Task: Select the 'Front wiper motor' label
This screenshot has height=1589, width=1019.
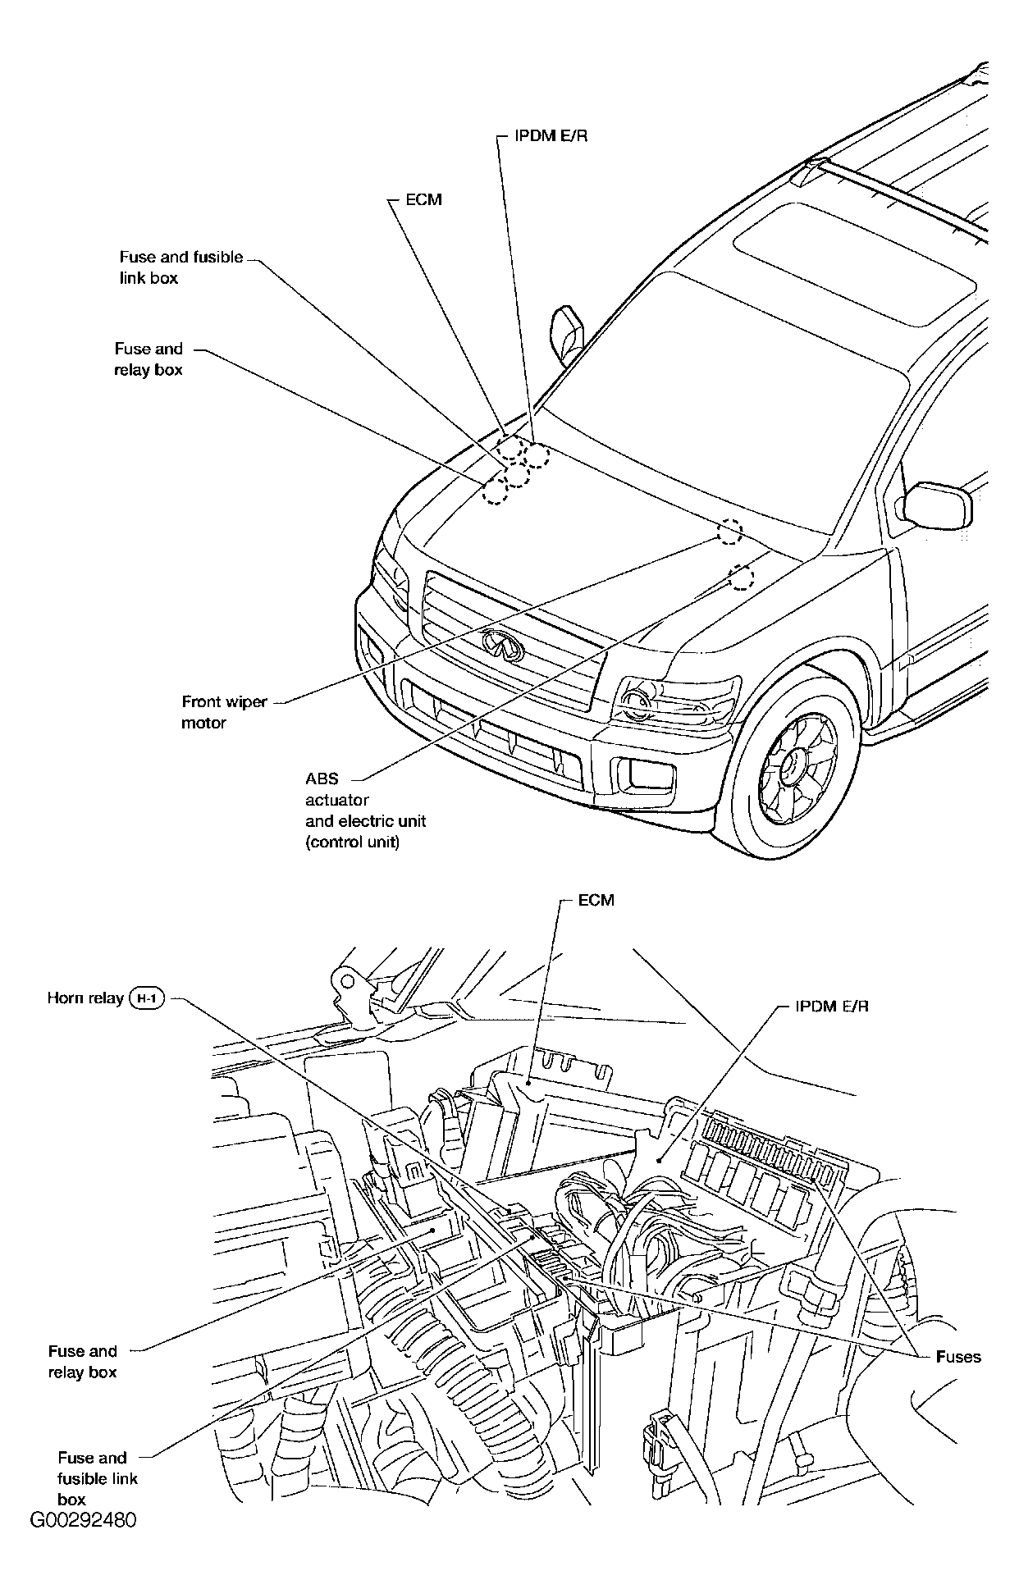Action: click(224, 712)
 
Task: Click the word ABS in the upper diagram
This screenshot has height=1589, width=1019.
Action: click(322, 779)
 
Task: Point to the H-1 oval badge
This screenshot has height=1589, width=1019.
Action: click(148, 998)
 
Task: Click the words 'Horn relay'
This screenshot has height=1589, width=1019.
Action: click(85, 998)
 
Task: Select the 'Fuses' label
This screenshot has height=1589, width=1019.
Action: click(957, 1357)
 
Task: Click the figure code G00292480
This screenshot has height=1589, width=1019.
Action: click(83, 1520)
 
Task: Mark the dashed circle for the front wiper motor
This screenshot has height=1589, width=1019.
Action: click(729, 532)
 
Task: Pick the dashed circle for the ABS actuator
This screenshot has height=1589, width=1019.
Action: click(741, 578)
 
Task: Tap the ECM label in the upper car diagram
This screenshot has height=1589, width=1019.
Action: click(423, 199)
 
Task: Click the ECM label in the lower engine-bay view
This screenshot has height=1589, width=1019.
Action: click(596, 900)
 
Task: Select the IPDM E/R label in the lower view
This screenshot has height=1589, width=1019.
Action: click(831, 1007)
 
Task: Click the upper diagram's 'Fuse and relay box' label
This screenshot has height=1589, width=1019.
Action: click(149, 359)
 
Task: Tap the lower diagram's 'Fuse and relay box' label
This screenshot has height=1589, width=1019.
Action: click(82, 1362)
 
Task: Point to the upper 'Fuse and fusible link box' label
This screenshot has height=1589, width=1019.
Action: click(181, 267)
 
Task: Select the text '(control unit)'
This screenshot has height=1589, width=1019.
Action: click(352, 842)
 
